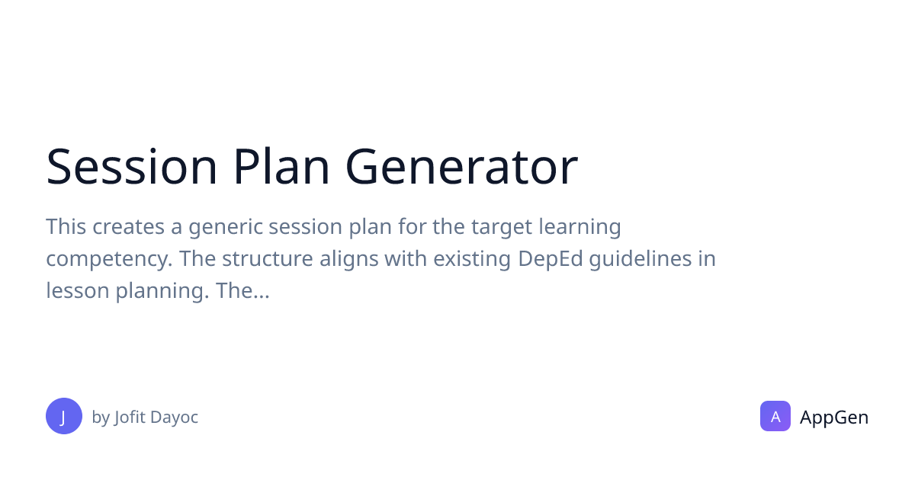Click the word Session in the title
tap(131, 167)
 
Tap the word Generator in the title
tap(461, 167)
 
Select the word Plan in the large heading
tap(281, 167)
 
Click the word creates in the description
tap(128, 227)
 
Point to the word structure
tap(267, 259)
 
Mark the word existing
tap(472, 260)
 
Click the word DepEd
tap(551, 260)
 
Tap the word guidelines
tap(640, 260)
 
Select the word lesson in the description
tap(78, 291)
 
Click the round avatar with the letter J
tap(64, 416)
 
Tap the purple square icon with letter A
tap(775, 416)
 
